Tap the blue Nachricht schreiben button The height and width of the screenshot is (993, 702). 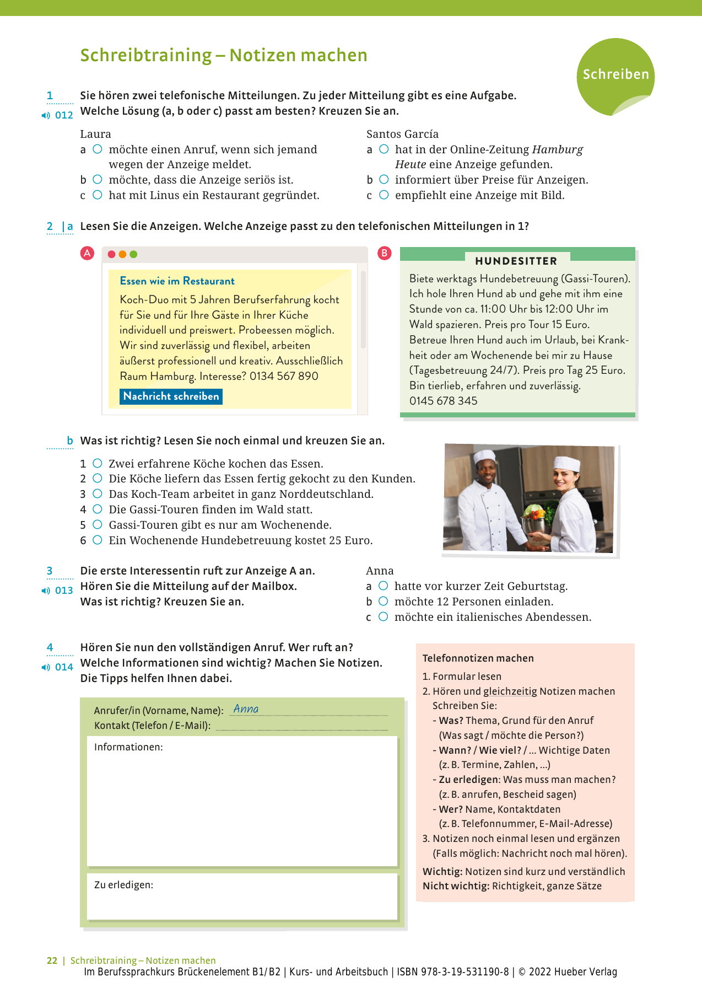click(x=171, y=396)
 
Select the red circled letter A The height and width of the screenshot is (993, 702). click(x=87, y=254)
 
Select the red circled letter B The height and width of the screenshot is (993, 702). click(x=384, y=253)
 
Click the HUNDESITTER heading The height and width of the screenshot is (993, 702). click(x=516, y=261)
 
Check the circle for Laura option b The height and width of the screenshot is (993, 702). click(x=98, y=179)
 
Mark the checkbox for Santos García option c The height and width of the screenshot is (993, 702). click(x=384, y=195)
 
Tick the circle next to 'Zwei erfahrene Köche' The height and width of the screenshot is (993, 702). click(x=98, y=463)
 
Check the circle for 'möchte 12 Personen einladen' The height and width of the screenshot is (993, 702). click(x=384, y=601)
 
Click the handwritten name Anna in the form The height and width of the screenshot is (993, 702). click(x=246, y=709)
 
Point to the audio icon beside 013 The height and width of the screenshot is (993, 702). click(x=46, y=591)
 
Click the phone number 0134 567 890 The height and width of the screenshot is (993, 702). click(x=284, y=376)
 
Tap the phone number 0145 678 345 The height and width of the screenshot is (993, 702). click(x=443, y=401)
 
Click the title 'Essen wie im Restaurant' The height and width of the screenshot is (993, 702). click(x=177, y=281)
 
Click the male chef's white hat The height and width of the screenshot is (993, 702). click(x=485, y=456)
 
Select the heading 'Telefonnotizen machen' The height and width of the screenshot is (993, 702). click(x=478, y=658)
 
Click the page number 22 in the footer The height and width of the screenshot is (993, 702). click(x=52, y=960)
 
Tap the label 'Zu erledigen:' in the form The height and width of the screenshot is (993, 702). click(x=123, y=885)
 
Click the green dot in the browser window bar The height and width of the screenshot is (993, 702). click(x=133, y=254)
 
